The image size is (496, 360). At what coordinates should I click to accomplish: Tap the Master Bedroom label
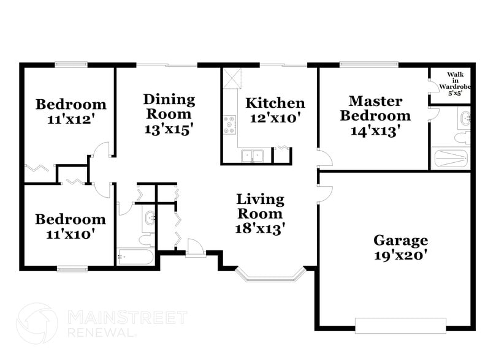pos(375,108)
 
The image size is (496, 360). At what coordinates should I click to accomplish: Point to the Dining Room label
pos(169,107)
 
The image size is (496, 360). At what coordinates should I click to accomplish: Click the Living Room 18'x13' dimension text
pos(260,228)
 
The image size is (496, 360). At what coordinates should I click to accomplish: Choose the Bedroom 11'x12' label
pos(71,111)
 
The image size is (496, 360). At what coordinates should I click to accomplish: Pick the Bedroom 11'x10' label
pos(70,226)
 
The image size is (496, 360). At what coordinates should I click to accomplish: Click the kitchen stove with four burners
pos(230,124)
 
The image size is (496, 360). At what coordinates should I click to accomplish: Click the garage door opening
pos(400,325)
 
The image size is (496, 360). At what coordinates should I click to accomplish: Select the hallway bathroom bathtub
pos(135,256)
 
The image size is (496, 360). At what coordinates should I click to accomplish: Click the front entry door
pos(196,248)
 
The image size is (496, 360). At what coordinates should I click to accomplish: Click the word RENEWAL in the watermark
pos(101,333)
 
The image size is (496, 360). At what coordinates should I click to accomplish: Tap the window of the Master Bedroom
pos(369,64)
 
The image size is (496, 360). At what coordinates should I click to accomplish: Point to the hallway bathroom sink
pos(149,217)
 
